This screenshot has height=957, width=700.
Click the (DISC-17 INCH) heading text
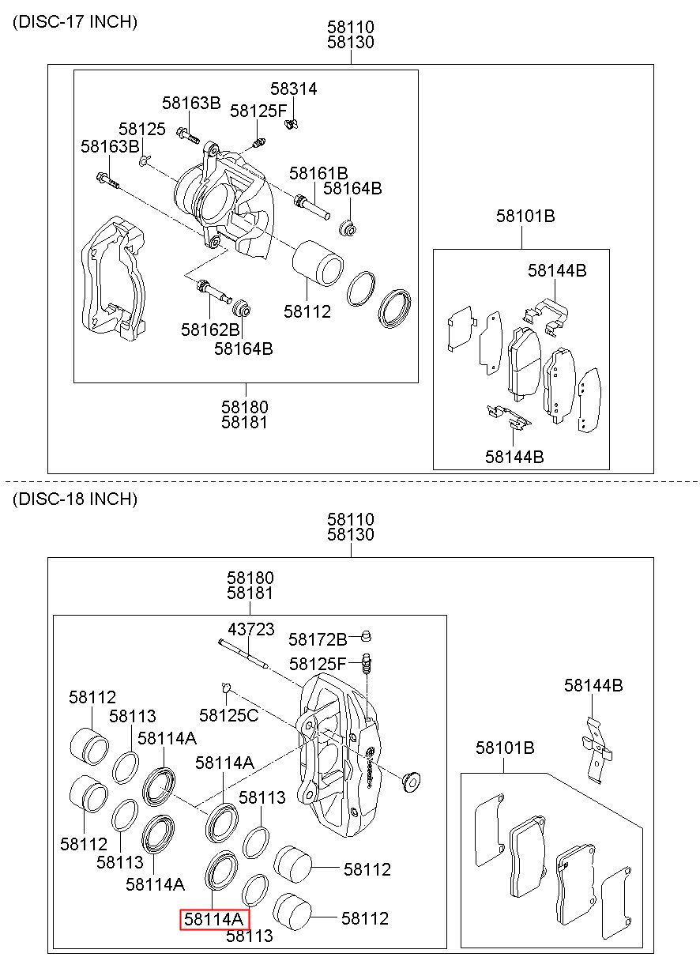[75, 22]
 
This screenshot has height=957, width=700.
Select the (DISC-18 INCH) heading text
[75, 499]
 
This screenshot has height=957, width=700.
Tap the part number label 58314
[293, 89]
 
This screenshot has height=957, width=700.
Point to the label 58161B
[318, 173]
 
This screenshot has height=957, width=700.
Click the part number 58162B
[209, 329]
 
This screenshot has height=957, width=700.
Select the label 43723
[251, 629]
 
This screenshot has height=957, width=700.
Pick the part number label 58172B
[318, 639]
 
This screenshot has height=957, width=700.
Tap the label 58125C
[228, 715]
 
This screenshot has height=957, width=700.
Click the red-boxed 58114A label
[214, 919]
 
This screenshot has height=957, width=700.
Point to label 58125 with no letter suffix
[142, 129]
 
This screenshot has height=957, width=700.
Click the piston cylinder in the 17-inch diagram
[318, 263]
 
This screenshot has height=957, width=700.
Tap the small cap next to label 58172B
[366, 636]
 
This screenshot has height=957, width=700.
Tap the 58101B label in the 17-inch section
[525, 216]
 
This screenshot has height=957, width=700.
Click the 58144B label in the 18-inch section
[593, 685]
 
